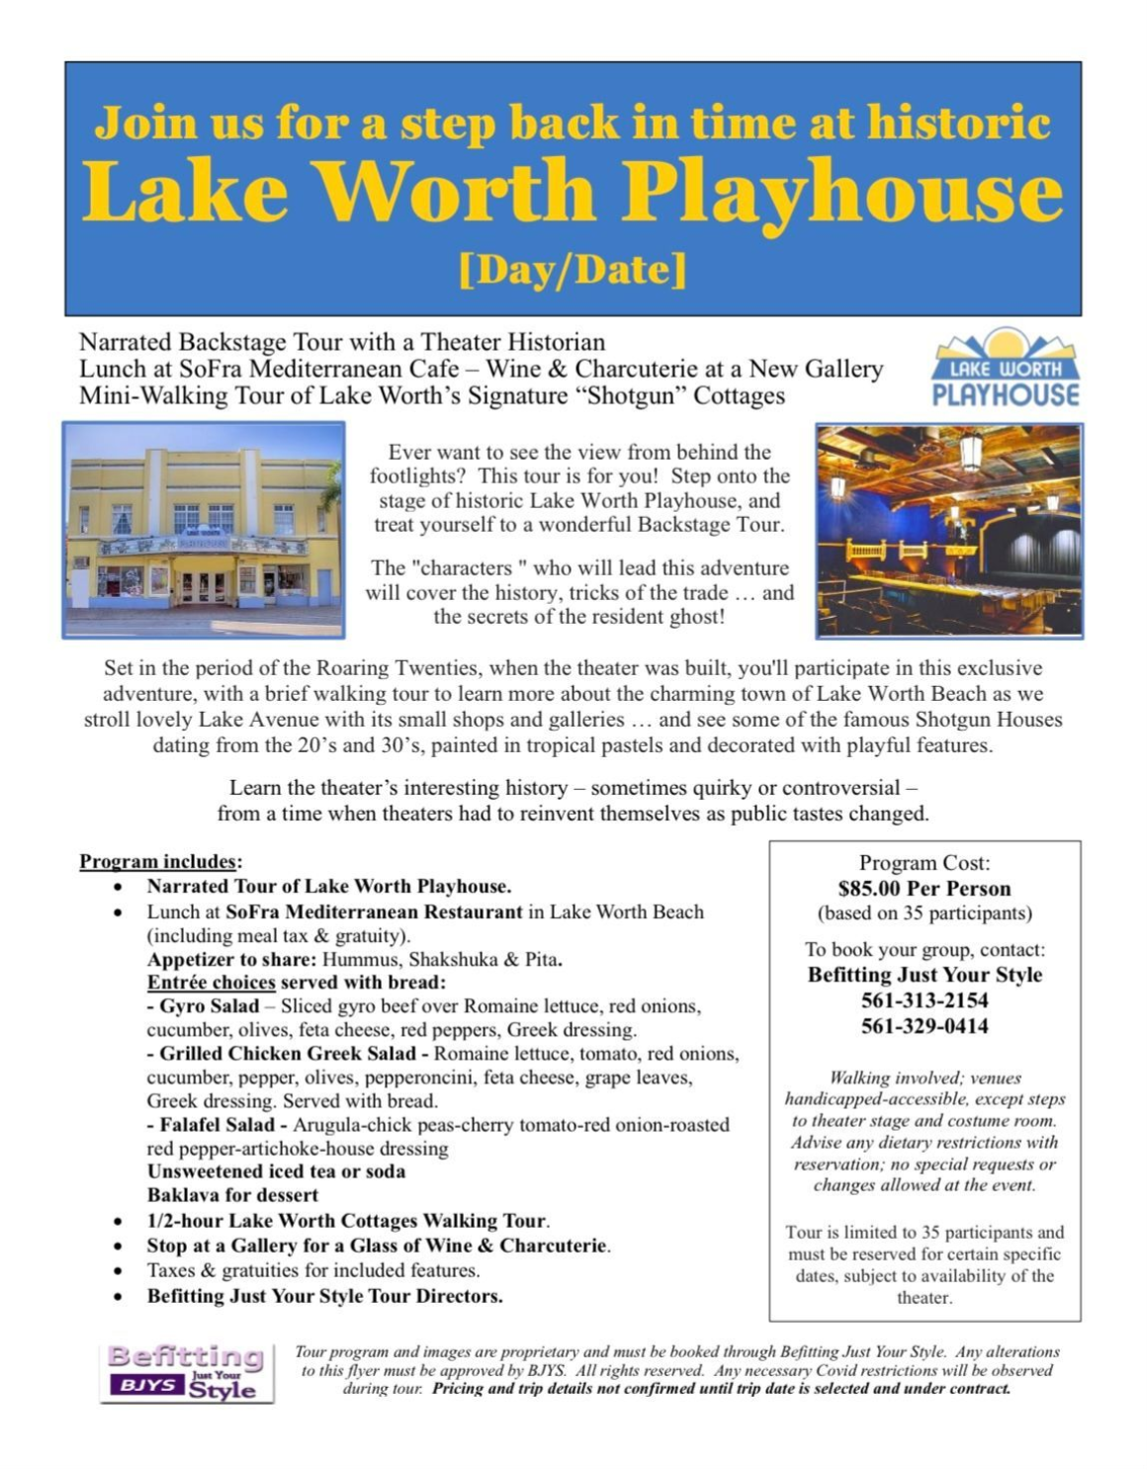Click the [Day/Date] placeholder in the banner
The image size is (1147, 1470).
pos(573,269)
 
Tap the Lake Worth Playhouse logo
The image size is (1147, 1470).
pos(1006,369)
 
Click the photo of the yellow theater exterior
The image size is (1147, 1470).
pos(204,529)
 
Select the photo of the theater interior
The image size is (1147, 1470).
pos(949,530)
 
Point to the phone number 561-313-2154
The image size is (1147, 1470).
pos(925,1000)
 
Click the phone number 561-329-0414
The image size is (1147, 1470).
pos(925,1026)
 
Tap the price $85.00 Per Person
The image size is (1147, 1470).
pos(925,888)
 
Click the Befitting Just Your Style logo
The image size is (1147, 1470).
pos(187,1372)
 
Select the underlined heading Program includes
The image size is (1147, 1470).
pos(158,861)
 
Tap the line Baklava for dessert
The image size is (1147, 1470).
pos(232,1195)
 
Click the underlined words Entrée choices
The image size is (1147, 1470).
pos(211,983)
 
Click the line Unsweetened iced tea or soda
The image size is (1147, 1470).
pos(276,1171)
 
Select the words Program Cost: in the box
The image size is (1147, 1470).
pos(925,862)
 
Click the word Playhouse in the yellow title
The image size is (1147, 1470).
pos(842,192)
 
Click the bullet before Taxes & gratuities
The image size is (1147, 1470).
pos(119,1271)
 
